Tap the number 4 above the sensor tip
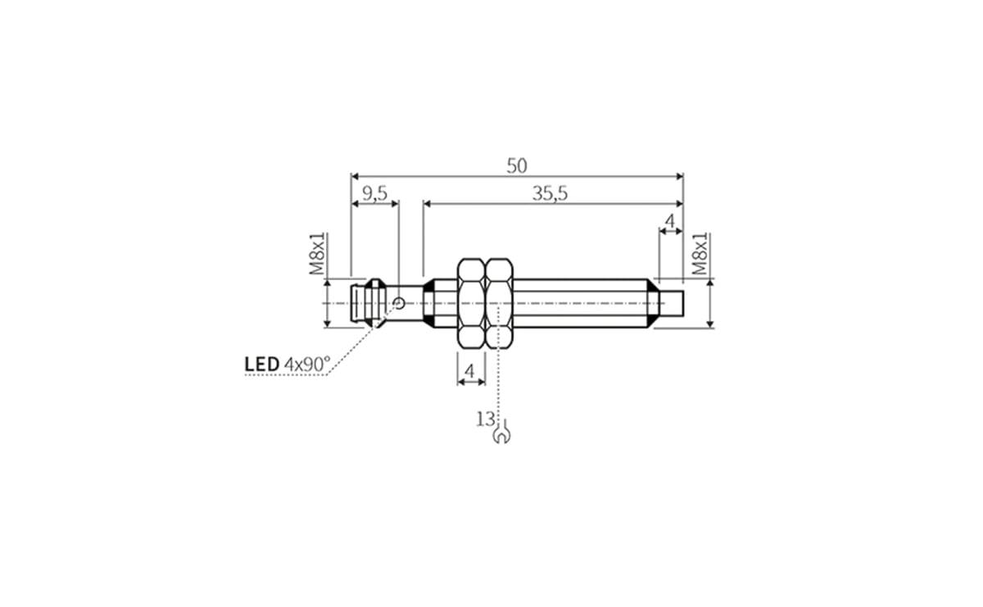point(669,221)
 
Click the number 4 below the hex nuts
point(469,371)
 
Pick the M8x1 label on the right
point(700,253)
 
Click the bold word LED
point(262,363)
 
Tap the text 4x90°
point(307,363)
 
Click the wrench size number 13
point(485,419)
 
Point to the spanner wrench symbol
point(501,434)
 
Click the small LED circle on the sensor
point(399,303)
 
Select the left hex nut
point(470,303)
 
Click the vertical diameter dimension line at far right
point(709,303)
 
